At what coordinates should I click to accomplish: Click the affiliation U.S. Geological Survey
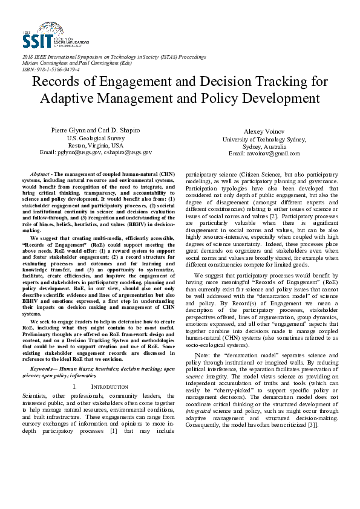tap(95, 138)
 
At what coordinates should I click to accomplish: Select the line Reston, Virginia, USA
tap(95, 145)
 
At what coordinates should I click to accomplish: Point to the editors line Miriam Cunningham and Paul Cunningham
tap(74, 63)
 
